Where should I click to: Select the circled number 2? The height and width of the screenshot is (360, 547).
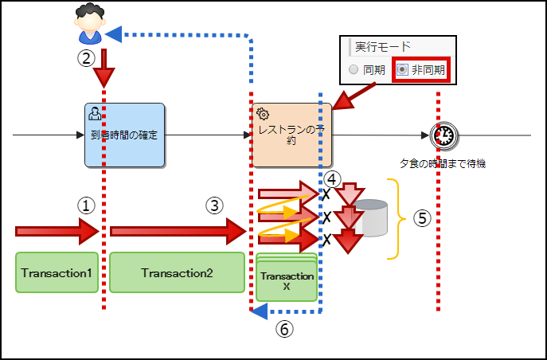86,58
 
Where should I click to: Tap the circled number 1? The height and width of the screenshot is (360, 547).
86,205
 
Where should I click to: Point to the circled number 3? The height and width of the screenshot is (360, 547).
213,205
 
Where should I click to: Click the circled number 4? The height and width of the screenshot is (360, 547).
332,179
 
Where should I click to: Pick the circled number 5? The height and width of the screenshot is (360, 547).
422,218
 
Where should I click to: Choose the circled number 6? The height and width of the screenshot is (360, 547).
284,327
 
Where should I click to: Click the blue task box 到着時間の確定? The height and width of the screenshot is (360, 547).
124,135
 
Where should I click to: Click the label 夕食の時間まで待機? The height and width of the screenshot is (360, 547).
442,164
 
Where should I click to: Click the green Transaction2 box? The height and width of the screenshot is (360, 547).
177,273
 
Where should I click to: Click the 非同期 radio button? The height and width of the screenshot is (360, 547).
403,70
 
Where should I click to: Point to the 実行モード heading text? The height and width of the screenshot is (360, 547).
377,47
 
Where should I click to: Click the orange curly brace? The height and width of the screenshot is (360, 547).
392,218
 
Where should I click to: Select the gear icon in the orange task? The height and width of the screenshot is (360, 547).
263,114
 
